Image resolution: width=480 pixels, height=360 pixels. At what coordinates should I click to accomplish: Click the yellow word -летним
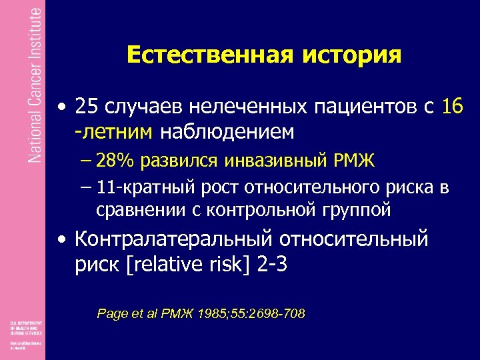[x=114, y=132]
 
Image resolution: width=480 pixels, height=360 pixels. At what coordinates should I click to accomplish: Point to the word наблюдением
[x=227, y=132]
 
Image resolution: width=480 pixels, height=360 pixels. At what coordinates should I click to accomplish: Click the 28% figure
[x=113, y=161]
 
